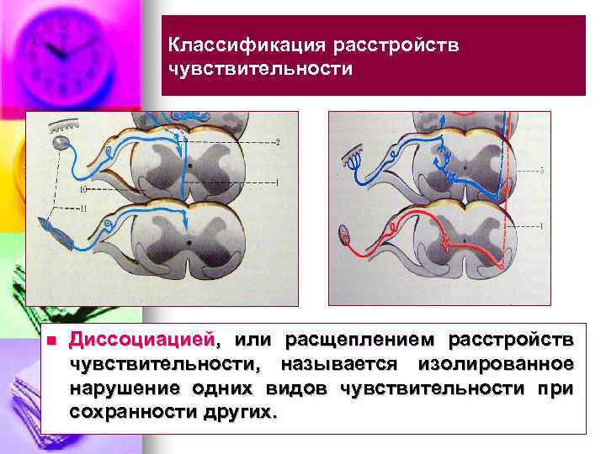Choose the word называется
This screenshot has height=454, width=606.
coord(341,364)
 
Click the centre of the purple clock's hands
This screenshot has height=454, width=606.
coord(59,52)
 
